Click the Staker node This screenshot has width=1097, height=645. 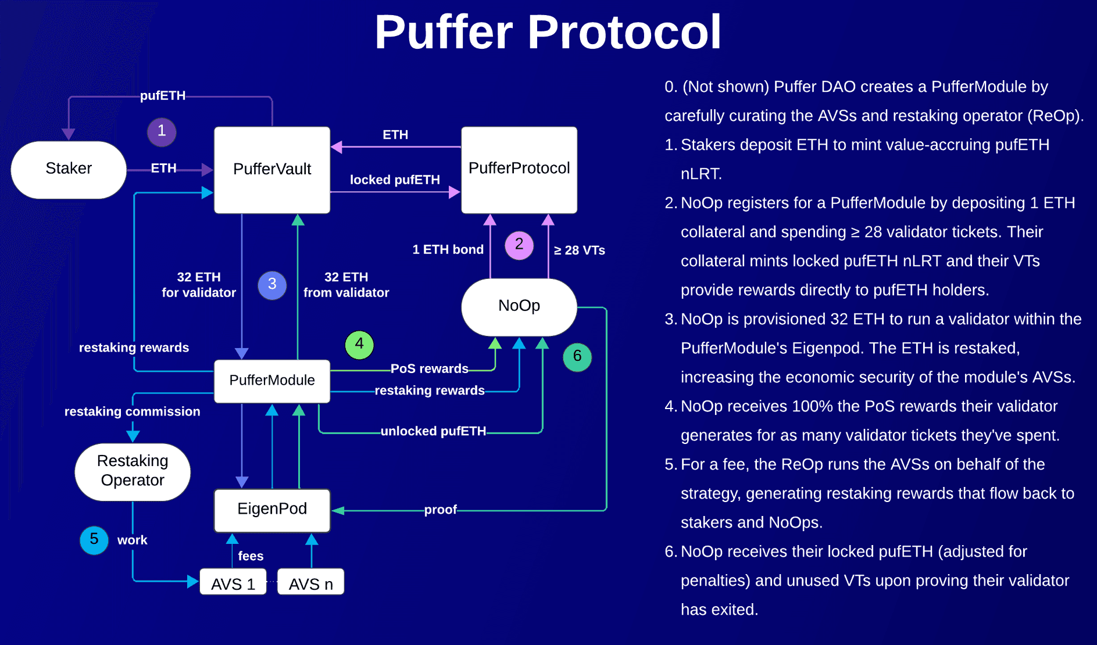coord(69,169)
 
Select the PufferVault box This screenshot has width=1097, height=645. coord(272,170)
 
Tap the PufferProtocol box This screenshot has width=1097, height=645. coord(519,169)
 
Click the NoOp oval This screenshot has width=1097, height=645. coord(519,306)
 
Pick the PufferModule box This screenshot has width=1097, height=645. coord(272,381)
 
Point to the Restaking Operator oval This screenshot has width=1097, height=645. coord(133,471)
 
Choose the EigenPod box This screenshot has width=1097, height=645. coord(272,510)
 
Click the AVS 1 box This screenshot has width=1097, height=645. coord(233,583)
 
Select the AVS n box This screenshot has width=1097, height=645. coord(311,583)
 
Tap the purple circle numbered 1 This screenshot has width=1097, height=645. coord(162,131)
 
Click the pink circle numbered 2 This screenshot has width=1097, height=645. coord(519,245)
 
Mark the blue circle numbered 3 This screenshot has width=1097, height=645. coord(272,285)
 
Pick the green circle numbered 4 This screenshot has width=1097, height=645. coord(359,345)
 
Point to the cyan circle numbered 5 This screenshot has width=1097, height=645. coord(94,540)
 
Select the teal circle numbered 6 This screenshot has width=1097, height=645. coord(577,356)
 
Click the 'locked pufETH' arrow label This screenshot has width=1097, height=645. coord(395,180)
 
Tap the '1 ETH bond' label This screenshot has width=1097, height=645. coord(448,250)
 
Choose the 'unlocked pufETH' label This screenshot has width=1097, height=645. coord(433,431)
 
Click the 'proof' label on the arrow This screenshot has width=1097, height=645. coord(440,510)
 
